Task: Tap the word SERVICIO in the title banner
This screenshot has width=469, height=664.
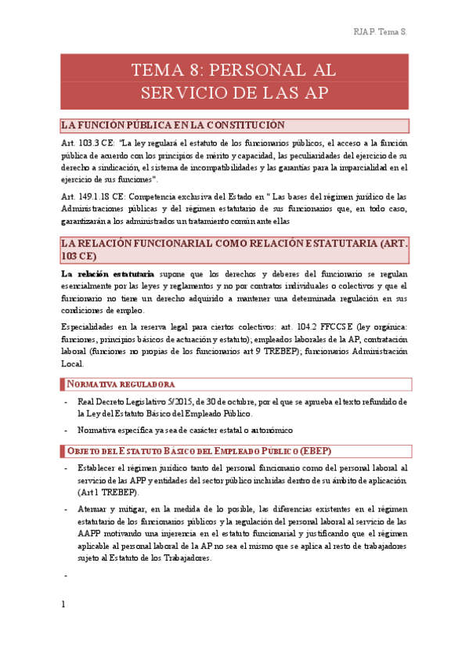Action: click(193, 92)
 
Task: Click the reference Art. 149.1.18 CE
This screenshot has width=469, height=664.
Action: click(92, 197)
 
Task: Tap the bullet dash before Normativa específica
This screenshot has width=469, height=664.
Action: click(67, 431)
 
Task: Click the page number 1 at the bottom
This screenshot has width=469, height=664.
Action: click(63, 626)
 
